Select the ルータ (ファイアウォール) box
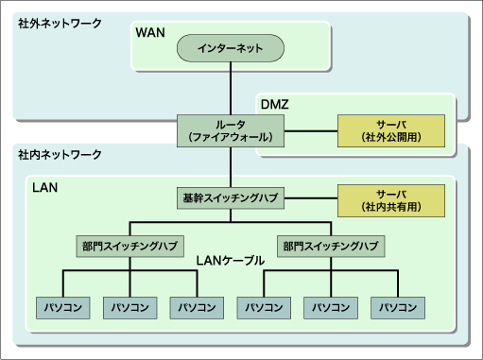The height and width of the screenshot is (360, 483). tap(231, 130)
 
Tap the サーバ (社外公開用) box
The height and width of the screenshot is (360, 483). tap(390, 130)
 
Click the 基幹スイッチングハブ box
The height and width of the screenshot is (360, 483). tap(231, 198)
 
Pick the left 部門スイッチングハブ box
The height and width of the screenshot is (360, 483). tap(129, 246)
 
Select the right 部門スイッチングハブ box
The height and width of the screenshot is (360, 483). tap(331, 246)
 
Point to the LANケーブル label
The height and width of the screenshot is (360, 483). tap(231, 259)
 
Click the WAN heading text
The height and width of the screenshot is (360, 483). tap(150, 33)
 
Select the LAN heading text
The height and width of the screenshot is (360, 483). tap(45, 188)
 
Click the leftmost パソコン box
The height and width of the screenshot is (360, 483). tap(62, 307)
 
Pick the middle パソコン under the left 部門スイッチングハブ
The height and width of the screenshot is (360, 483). tap(129, 307)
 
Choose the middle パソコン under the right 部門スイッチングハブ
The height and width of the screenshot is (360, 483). tap(331, 307)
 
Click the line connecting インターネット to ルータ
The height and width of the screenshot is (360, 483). tap(231, 90)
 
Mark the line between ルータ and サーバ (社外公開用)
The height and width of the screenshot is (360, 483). tap(311, 130)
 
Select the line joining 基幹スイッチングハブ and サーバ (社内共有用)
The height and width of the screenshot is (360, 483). tap(311, 198)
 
